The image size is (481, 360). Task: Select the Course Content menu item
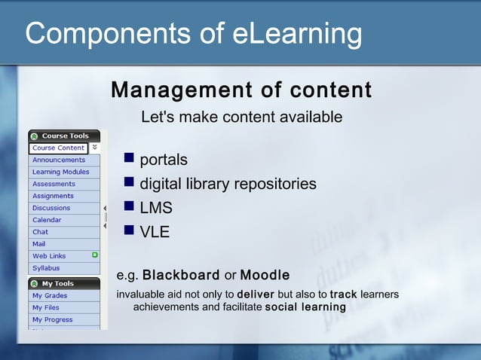[x=58, y=148]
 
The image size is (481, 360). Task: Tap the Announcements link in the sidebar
[x=58, y=160]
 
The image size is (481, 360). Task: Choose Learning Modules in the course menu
[x=60, y=172]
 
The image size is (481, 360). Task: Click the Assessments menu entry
[x=54, y=184]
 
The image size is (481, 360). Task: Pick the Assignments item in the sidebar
[x=53, y=196]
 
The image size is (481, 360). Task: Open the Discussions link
[x=51, y=208]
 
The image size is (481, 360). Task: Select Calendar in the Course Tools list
[x=47, y=220]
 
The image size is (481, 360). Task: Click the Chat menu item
[x=40, y=232]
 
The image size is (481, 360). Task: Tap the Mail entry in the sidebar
[x=38, y=244]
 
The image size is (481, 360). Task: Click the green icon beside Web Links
[x=94, y=255]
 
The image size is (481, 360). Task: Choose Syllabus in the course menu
[x=46, y=268]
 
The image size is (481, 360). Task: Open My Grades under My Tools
[x=49, y=296]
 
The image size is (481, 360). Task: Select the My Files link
[x=45, y=308]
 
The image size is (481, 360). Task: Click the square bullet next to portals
[x=129, y=159]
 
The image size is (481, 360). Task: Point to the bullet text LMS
[x=156, y=208]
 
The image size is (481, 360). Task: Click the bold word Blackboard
[x=181, y=275]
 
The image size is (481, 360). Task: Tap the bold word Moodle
[x=265, y=275]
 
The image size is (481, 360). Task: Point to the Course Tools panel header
[x=64, y=136]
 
